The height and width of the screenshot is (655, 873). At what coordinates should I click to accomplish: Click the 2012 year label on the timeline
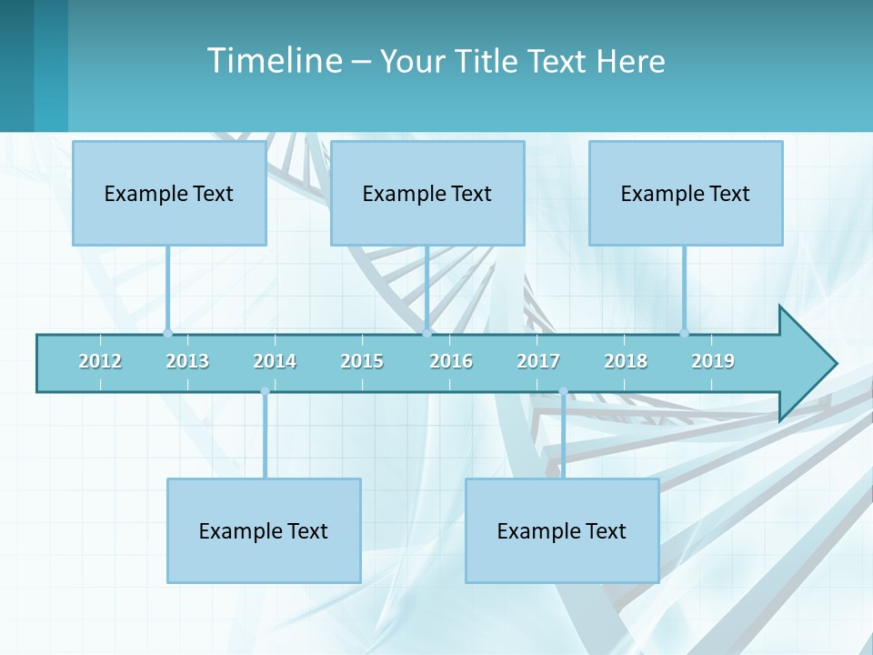tap(100, 361)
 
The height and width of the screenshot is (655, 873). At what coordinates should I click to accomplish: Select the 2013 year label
tap(187, 361)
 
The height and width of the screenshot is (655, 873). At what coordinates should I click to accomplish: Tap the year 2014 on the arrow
tap(275, 361)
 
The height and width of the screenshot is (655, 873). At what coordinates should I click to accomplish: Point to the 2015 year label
tap(362, 361)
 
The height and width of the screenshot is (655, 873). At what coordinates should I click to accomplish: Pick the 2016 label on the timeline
tap(451, 361)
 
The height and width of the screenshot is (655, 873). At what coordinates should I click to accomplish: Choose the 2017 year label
tap(538, 361)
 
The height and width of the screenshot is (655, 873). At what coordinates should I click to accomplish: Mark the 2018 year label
tap(626, 361)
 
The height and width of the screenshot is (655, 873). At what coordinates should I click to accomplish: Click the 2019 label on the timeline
tap(713, 361)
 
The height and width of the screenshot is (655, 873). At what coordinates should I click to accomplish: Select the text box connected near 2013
tap(169, 193)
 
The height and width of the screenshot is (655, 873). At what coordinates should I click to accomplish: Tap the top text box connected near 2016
tap(427, 193)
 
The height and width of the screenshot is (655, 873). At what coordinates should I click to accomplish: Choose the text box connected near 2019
tap(686, 193)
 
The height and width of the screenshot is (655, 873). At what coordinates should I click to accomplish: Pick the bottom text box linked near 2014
tap(264, 530)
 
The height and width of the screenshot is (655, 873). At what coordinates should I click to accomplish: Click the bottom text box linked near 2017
tap(562, 530)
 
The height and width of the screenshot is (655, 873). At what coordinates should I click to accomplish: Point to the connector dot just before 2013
tap(167, 333)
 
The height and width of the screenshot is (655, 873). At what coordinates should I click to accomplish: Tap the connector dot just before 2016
tap(426, 333)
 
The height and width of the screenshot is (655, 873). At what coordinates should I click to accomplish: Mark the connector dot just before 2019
tap(684, 333)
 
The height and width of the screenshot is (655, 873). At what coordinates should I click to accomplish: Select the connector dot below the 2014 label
tap(265, 391)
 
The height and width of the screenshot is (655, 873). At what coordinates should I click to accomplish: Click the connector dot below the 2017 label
tap(563, 391)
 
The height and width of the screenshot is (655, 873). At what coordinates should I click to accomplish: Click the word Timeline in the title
tap(274, 60)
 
